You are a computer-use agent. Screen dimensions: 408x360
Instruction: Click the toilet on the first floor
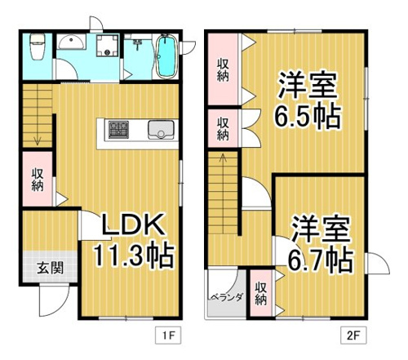(37, 47)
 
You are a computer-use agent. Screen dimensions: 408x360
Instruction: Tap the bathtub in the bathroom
(166, 56)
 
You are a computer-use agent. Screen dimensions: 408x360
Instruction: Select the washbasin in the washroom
(71, 42)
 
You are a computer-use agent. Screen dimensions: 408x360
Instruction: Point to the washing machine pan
(108, 45)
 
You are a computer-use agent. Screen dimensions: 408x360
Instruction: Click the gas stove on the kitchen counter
(118, 130)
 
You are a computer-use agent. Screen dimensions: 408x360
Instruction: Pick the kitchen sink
(161, 130)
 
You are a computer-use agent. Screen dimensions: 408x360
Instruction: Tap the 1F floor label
(168, 336)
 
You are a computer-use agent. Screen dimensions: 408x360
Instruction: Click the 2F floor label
(353, 336)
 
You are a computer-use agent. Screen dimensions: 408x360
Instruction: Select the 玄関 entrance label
(50, 268)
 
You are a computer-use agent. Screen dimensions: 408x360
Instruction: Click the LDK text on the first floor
(133, 224)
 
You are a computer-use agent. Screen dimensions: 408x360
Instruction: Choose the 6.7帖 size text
(321, 260)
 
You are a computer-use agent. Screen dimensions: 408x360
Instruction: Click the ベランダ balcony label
(225, 297)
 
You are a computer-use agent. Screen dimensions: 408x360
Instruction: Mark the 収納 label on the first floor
(38, 180)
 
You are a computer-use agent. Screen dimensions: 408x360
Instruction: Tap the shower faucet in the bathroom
(137, 44)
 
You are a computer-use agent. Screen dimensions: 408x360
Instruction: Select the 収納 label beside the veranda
(261, 294)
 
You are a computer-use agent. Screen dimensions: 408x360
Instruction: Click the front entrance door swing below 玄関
(55, 300)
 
